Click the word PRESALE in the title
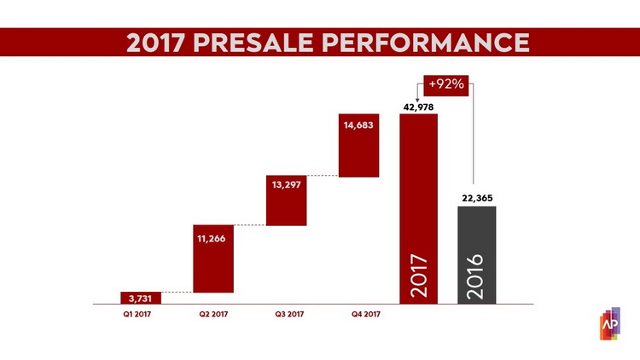pos(253,43)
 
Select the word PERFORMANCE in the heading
pos(426,43)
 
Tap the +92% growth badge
pos(446,85)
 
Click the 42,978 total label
pos(418,107)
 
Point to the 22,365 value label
pos(477,199)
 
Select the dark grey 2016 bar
pos(477,255)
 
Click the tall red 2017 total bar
pos(418,209)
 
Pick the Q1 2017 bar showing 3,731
pos(141,298)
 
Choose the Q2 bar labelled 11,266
pos(213,258)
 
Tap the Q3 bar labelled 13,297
pos(286,200)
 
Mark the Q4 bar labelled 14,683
pos(358,145)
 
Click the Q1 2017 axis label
pos(137,314)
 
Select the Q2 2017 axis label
pos(213,314)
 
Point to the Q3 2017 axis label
pos(289,314)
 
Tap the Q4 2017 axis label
pos(366,314)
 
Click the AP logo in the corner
pos(610,323)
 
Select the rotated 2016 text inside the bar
pos(474,276)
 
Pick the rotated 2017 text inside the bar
pos(419,276)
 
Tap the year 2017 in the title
pos(155,43)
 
